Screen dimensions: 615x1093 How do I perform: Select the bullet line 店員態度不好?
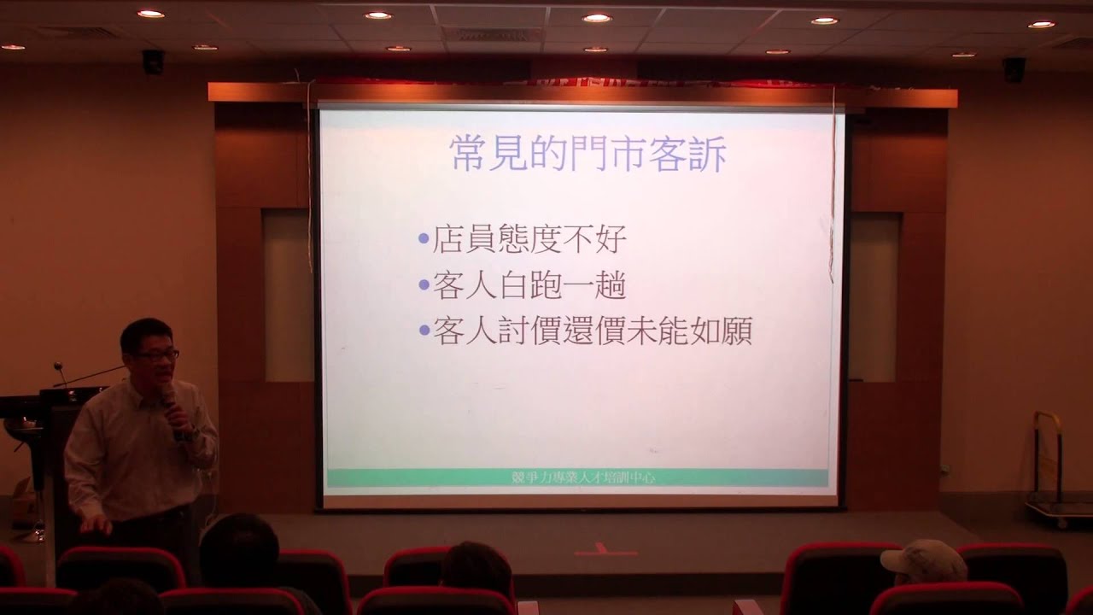529,239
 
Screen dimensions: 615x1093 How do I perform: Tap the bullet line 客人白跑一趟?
529,285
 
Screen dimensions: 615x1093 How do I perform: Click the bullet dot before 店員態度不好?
424,239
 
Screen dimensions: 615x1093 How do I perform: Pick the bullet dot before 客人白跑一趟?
424,285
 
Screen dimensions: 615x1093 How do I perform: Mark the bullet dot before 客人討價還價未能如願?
424,331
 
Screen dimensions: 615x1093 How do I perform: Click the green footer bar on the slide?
577,477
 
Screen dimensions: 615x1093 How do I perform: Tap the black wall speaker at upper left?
153,61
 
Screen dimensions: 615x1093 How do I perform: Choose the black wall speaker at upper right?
1014,69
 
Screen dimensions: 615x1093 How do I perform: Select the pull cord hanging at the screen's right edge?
833,188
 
